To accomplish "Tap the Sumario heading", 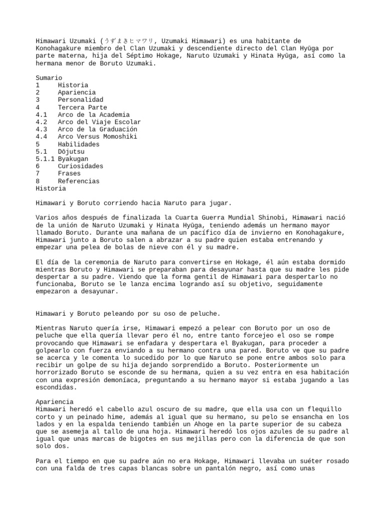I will pos(49,78).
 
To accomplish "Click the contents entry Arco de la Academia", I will pos(93,115).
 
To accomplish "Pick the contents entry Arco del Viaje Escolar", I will pos(99,122).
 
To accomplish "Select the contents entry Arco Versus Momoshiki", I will pos(97,137).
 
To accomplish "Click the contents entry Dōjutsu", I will pos(71,152).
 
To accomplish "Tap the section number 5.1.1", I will pos(45,159).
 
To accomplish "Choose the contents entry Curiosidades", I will pos(80,166).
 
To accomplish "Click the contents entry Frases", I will pos(69,174).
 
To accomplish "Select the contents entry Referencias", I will pos(78,181).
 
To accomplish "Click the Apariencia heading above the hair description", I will pos(54,402).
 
